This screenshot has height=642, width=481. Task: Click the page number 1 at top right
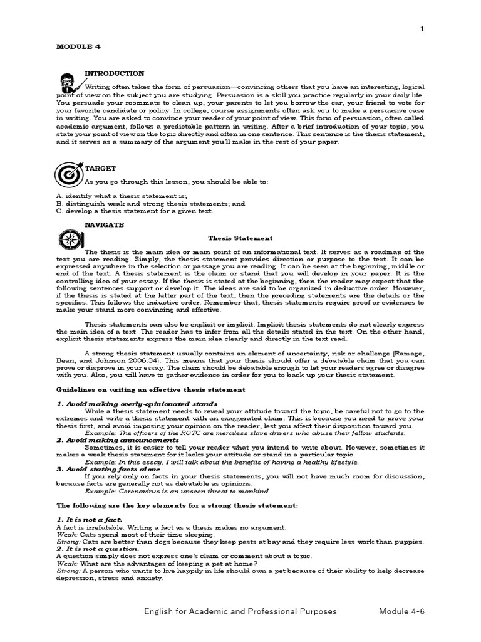pyautogui.click(x=423, y=29)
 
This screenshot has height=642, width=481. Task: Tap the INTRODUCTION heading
pyautogui.click(x=114, y=73)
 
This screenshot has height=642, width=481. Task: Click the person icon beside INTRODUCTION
pyautogui.click(x=68, y=83)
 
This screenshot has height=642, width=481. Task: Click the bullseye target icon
pyautogui.click(x=68, y=174)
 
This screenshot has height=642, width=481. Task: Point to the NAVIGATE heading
pyautogui.click(x=104, y=224)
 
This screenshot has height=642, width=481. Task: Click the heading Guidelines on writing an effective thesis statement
pyautogui.click(x=150, y=389)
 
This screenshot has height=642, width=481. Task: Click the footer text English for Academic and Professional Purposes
pyautogui.click(x=240, y=611)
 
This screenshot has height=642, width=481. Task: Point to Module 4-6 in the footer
pyautogui.click(x=401, y=611)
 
